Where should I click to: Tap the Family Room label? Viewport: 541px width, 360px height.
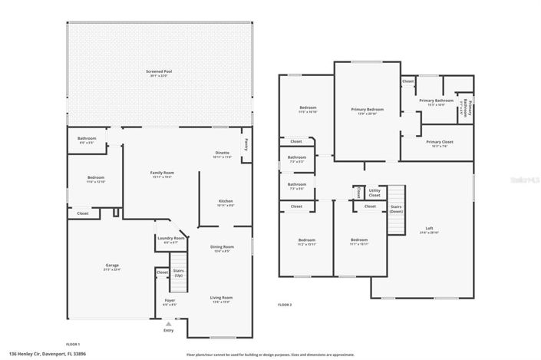point(162,174)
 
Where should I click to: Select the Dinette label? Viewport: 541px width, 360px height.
point(221,154)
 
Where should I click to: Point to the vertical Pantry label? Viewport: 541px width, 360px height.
point(246,143)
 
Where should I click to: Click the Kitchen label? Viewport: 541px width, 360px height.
point(226,203)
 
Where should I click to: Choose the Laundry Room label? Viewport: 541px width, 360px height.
point(170,239)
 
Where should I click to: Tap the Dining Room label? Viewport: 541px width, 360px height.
point(221,249)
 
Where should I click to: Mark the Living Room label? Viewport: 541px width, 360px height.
point(221,299)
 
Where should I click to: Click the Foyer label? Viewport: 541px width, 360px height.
point(170,302)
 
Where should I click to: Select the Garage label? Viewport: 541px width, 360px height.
point(113,268)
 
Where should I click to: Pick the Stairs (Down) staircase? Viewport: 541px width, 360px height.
point(395,209)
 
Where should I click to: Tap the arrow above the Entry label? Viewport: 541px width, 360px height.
point(168,325)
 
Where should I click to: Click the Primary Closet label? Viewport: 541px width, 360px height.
point(437,143)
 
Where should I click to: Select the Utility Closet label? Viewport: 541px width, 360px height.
point(374,193)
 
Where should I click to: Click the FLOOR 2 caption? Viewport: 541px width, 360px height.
point(285,305)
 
